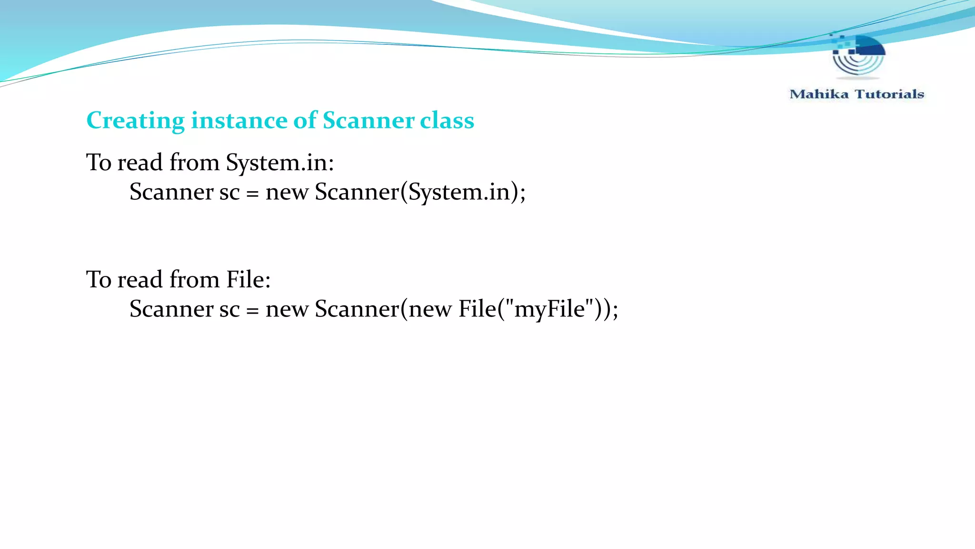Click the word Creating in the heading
(135, 121)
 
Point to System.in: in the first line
(280, 163)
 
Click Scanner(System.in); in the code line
(420, 193)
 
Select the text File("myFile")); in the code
(538, 309)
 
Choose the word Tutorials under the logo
(889, 94)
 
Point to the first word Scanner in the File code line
(171, 309)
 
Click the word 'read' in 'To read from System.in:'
(140, 163)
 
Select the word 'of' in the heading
(305, 121)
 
